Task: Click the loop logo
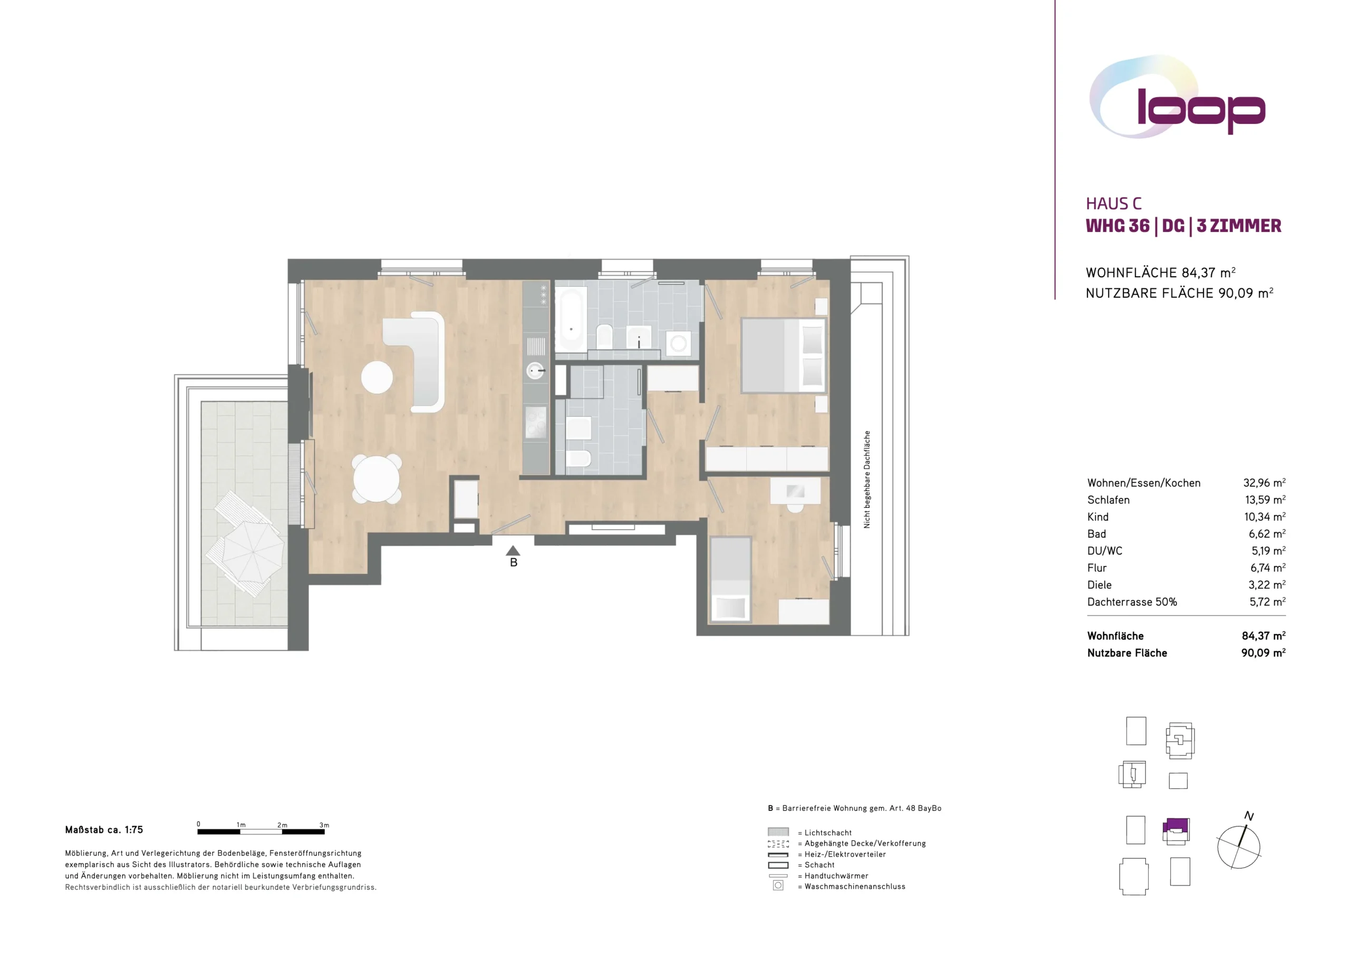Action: (x=1176, y=97)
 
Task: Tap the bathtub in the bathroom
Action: (x=571, y=320)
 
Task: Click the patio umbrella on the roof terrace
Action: (x=253, y=552)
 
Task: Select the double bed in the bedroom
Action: (x=783, y=356)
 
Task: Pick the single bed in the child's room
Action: (x=730, y=579)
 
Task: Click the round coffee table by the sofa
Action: (x=377, y=377)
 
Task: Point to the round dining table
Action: (x=377, y=479)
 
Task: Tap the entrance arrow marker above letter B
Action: (x=513, y=550)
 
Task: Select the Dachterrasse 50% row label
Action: (x=1132, y=602)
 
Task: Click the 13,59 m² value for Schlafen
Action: (x=1265, y=500)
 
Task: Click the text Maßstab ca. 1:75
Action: (x=104, y=830)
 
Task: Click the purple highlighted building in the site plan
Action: (x=1176, y=826)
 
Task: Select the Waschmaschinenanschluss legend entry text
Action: (x=855, y=887)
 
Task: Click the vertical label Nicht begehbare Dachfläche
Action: (x=866, y=480)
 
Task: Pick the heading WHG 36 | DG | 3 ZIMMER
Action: (x=1183, y=226)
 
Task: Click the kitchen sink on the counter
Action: (x=535, y=371)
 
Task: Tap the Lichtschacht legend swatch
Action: (x=778, y=832)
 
